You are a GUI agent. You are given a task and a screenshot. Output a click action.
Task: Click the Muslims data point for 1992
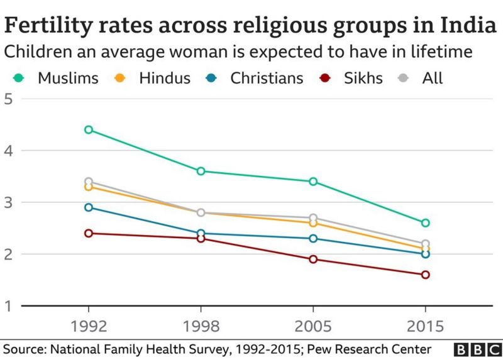pyautogui.click(x=89, y=129)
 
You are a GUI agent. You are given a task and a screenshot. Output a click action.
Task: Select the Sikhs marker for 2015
pyautogui.click(x=425, y=275)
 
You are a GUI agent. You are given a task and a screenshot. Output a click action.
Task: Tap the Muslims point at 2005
pyautogui.click(x=313, y=182)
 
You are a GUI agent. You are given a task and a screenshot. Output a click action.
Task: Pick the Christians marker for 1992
pyautogui.click(x=89, y=207)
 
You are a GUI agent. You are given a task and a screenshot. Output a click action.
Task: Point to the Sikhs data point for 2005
pyautogui.click(x=313, y=259)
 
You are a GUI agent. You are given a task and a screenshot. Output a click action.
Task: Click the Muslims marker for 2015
pyautogui.click(x=425, y=222)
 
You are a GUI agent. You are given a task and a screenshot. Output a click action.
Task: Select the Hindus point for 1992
pyautogui.click(x=89, y=187)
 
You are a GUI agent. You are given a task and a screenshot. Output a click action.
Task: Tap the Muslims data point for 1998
pyautogui.click(x=201, y=171)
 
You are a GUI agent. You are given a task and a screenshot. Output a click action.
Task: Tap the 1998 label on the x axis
pyautogui.click(x=201, y=327)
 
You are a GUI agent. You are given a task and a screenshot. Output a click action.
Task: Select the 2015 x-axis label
pyautogui.click(x=425, y=327)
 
